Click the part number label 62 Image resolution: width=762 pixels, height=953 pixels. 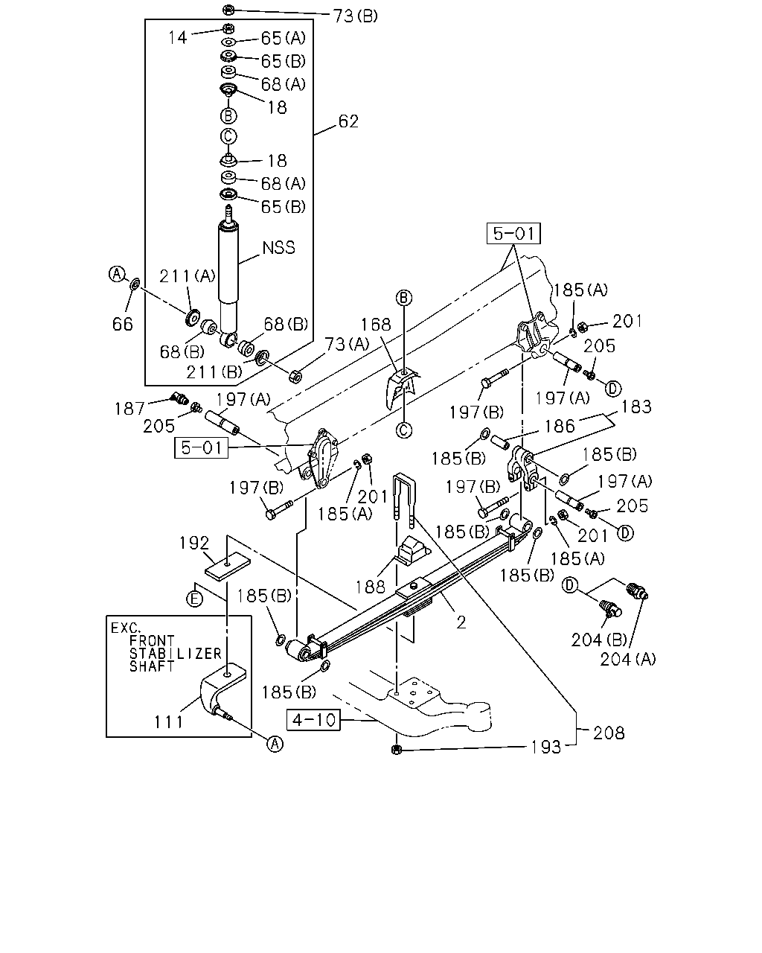tap(348, 121)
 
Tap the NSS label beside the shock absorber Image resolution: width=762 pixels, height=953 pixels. tap(278, 247)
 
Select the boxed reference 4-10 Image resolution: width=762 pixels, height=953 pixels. tap(314, 720)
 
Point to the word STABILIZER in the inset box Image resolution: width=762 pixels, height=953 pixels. tap(176, 654)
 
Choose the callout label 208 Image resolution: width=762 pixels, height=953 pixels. tap(609, 733)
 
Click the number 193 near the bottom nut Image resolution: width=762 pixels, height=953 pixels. tap(546, 748)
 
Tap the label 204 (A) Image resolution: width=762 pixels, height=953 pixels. tap(627, 660)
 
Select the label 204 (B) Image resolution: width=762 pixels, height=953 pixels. tap(599, 640)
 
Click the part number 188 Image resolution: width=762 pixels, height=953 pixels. tap(370, 587)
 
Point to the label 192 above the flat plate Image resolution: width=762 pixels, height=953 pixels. tap(194, 543)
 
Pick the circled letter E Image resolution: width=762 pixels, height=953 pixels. tap(194, 599)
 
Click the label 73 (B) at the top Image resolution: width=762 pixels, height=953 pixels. tap(355, 16)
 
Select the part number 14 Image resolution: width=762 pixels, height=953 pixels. tap(177, 38)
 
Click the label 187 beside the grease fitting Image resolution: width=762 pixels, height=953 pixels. tap(129, 408)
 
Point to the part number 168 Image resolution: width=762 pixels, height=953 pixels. tap(376, 325)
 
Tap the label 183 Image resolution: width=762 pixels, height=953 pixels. tap(636, 407)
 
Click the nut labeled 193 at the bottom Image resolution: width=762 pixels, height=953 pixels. tap(397, 749)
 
